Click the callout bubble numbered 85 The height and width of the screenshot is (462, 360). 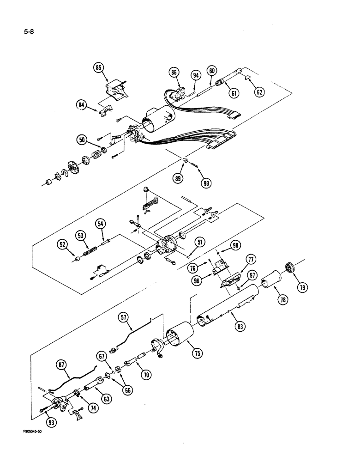(x=98, y=67)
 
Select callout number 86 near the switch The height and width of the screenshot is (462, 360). (x=174, y=72)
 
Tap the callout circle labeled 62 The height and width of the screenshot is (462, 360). (x=259, y=91)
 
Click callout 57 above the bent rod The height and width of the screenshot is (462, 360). (x=124, y=317)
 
